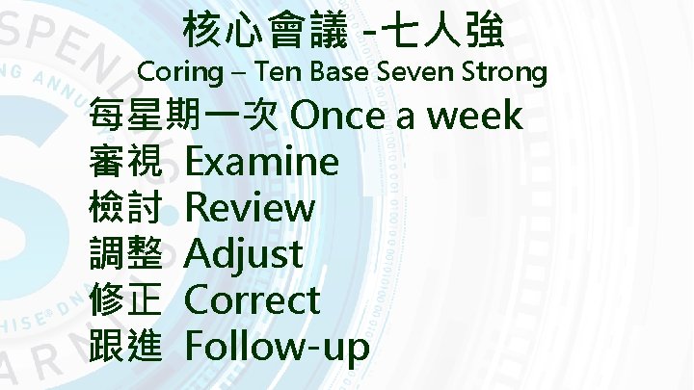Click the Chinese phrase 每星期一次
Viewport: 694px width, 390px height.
point(184,116)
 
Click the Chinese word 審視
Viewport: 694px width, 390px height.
point(125,162)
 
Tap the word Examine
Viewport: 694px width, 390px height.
point(261,162)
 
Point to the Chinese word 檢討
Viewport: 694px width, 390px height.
point(125,208)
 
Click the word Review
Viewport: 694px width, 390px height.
point(250,208)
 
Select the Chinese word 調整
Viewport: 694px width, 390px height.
point(125,254)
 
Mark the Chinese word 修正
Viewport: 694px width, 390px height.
point(125,300)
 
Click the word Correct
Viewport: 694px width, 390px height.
point(252,300)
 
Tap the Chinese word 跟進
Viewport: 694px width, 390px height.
point(125,346)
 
